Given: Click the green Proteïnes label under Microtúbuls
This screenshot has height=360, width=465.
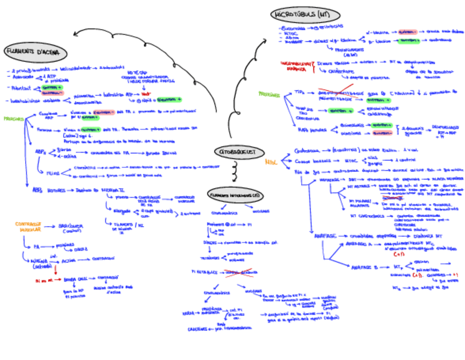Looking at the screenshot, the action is click(269, 94).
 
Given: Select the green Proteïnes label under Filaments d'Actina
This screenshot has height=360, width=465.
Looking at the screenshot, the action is click(13, 118).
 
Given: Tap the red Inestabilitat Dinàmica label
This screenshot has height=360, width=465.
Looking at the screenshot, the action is click(296, 66).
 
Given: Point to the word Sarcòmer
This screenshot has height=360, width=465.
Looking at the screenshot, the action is click(71, 227).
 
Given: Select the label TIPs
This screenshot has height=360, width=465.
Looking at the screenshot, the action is click(299, 92).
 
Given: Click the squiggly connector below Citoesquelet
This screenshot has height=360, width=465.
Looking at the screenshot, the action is click(234, 172).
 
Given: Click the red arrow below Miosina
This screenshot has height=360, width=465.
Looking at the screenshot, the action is click(55, 270).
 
